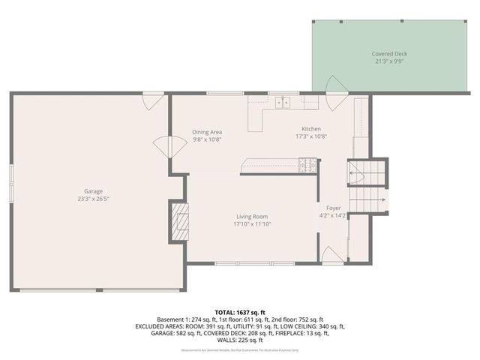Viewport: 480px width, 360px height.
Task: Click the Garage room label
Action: point(94,191)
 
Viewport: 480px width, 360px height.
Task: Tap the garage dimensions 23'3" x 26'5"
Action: point(94,199)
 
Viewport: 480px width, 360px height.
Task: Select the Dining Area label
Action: point(207,132)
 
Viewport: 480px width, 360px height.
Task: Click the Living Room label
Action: point(251,216)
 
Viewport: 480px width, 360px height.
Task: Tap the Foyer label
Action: point(333,208)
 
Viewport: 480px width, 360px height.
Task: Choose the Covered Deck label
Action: point(388,54)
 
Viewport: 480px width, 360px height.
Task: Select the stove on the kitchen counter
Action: point(307,163)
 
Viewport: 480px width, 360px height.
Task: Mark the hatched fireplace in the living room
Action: point(180,223)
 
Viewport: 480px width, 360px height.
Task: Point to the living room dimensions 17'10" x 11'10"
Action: point(251,223)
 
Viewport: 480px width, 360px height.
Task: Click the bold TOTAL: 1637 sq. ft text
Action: point(239,310)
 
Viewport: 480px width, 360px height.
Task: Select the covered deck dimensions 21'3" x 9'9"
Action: point(388,61)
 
